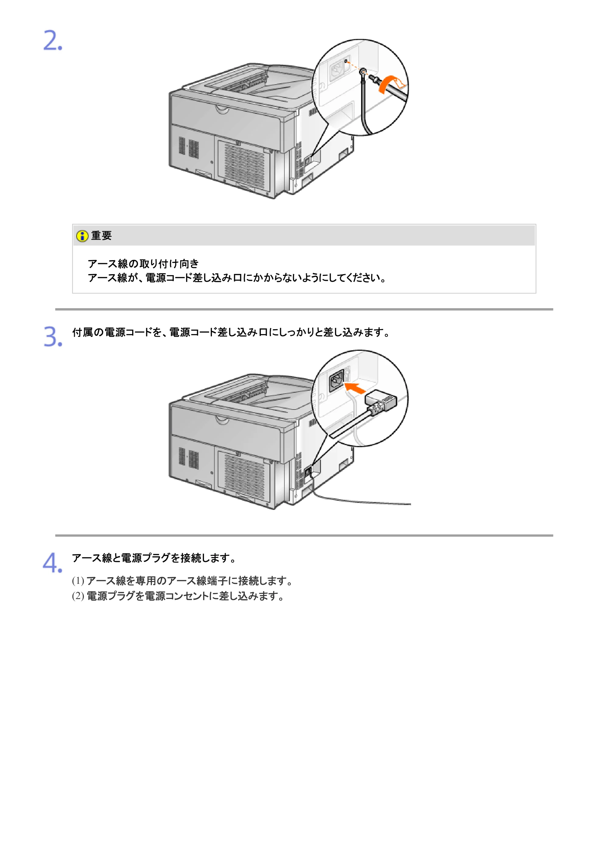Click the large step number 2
tap(53, 40)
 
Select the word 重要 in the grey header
tap(101, 235)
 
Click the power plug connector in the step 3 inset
tap(380, 401)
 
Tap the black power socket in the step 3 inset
tap(336, 380)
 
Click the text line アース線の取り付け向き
tap(143, 264)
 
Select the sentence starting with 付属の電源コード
tap(231, 332)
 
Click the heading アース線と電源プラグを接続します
tap(154, 558)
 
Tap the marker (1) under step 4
tap(78, 581)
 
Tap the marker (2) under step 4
tap(78, 596)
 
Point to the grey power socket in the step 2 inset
tap(336, 70)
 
